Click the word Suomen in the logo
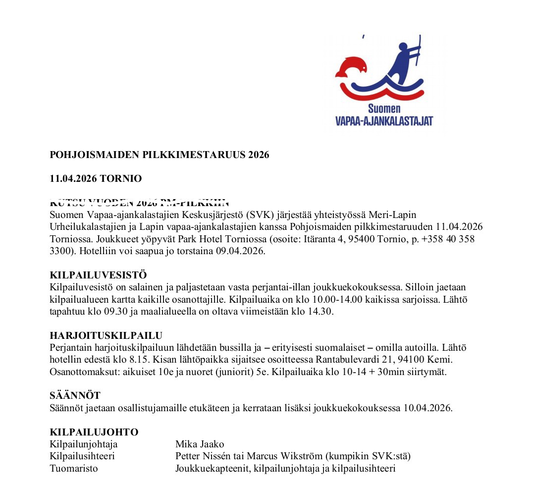point(384,108)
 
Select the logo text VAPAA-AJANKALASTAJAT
point(384,120)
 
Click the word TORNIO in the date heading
point(123,178)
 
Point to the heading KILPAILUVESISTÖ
point(98,275)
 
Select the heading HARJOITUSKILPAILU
point(106,335)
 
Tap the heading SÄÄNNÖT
point(75,395)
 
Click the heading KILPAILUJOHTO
point(94,432)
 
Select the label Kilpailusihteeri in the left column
point(82,456)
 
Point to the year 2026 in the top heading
point(259,155)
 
